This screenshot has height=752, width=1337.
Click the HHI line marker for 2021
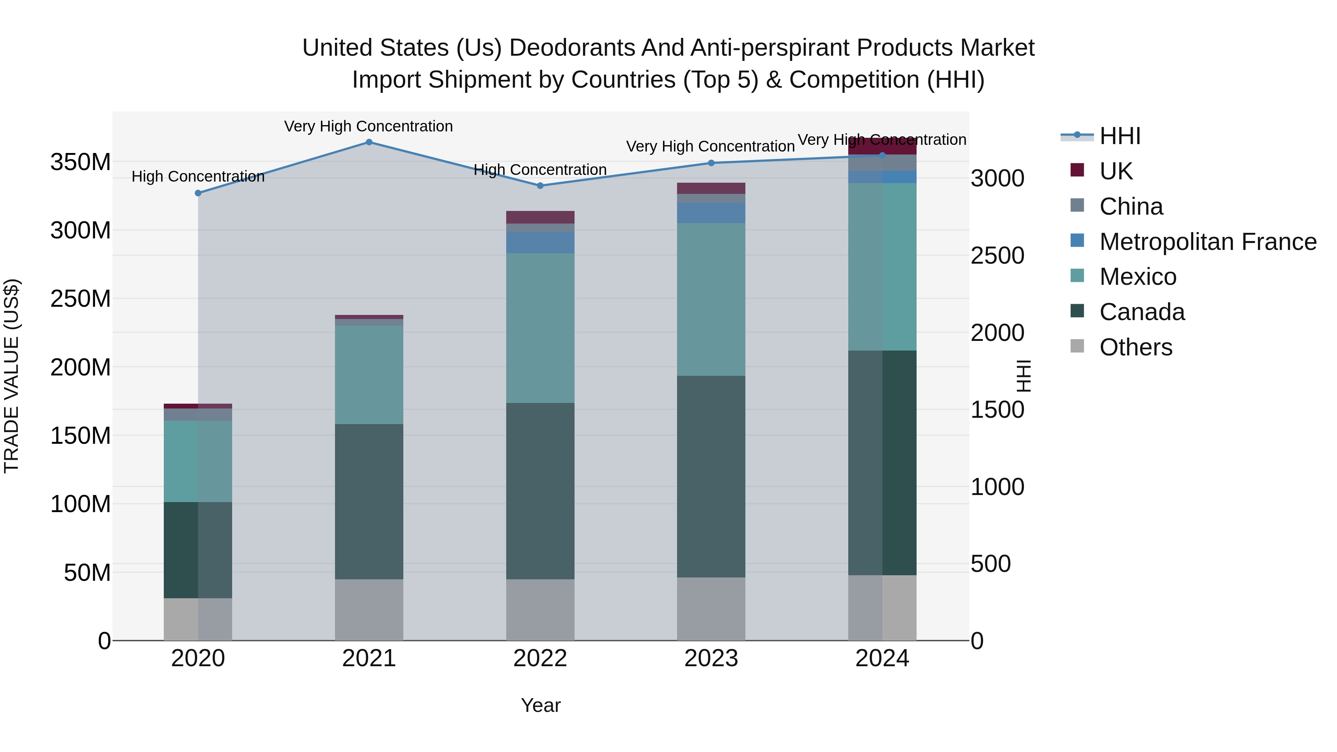369,142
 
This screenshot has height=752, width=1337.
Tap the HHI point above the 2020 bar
198,193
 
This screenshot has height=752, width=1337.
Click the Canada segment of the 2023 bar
711,476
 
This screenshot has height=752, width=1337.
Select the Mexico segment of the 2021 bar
369,375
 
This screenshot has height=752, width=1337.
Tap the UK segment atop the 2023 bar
711,188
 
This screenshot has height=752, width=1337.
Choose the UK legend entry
1116,171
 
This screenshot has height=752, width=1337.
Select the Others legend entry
1136,347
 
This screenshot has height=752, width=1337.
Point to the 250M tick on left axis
81,299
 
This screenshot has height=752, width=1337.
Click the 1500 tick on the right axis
997,410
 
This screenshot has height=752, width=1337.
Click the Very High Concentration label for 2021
368,127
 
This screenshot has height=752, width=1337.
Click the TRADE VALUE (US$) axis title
12,376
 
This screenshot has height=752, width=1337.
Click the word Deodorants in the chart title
572,48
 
